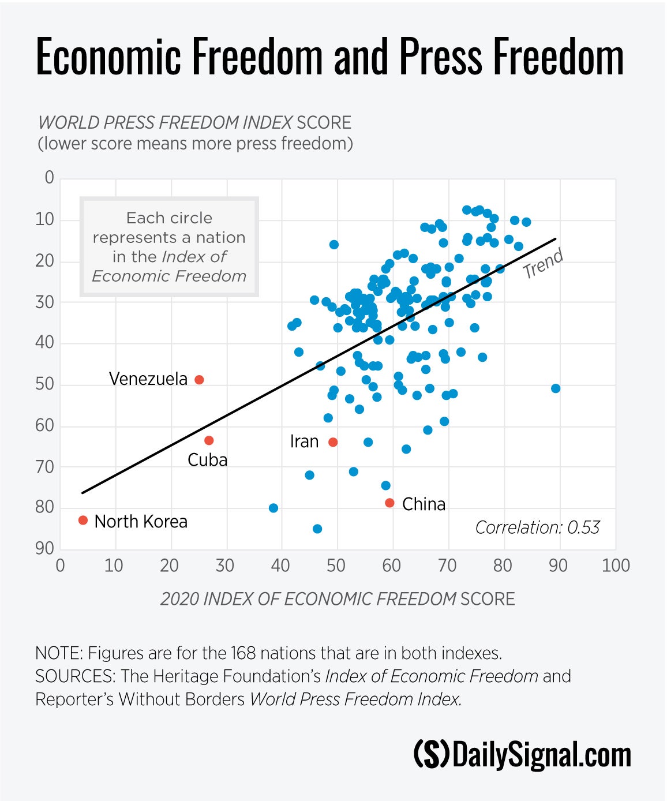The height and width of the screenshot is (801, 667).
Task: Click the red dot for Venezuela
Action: coord(199,380)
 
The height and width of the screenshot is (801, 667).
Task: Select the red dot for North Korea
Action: coord(83,520)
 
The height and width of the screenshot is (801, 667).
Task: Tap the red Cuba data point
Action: coord(209,440)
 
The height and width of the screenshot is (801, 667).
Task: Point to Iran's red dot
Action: coord(333,442)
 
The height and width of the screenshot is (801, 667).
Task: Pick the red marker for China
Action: coord(389,503)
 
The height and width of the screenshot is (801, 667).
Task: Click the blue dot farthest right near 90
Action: coord(556,388)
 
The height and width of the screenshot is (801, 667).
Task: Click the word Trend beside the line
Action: coord(543,264)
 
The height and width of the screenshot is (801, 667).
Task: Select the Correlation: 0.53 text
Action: coord(537,527)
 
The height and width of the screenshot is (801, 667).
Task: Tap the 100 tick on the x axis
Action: coord(615,566)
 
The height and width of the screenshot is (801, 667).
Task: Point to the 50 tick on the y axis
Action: coord(45,384)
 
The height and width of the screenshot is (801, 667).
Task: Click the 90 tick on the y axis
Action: coord(45,548)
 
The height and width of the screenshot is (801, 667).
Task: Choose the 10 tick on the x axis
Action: coord(114,566)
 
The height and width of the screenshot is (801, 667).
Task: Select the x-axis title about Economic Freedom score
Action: coord(338,599)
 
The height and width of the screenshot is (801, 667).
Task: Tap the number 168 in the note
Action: coord(243,653)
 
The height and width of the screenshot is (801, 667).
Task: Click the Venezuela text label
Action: coord(148,379)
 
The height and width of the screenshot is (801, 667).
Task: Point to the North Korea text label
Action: coord(141,522)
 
